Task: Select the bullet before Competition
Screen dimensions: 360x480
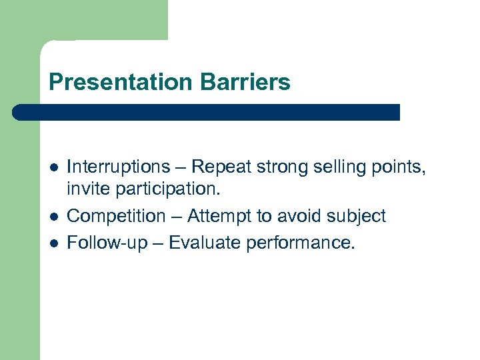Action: tap(53, 217)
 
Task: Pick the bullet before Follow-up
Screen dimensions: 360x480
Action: tap(53, 243)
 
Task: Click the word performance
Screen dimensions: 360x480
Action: tap(301, 243)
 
